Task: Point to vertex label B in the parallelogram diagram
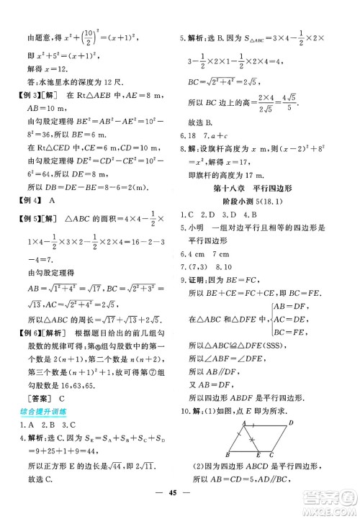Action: pyautogui.click(x=228, y=454)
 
